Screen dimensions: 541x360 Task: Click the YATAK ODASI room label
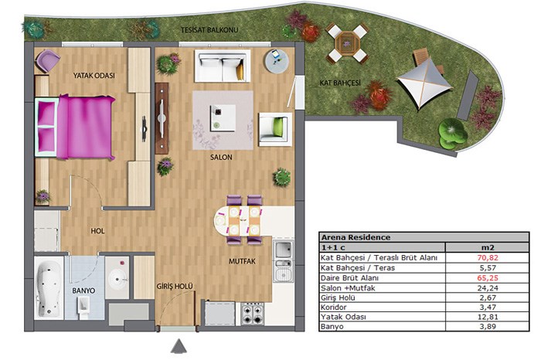[x=94, y=76]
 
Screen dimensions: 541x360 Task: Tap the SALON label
[x=221, y=158]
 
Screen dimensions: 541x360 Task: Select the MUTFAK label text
[x=242, y=261]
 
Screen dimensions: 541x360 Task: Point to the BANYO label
[x=83, y=290]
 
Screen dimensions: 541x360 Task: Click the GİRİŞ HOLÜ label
[x=175, y=286]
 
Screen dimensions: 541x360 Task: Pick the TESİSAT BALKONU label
[x=209, y=30]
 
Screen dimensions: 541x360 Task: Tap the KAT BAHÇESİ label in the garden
[x=340, y=83]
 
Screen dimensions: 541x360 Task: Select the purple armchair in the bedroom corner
[x=47, y=61]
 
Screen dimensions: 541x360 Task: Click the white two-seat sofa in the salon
[x=223, y=66]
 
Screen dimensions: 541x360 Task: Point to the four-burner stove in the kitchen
[x=253, y=314]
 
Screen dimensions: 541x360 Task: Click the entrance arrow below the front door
[x=179, y=346]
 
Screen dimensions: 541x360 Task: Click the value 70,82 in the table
[x=488, y=257]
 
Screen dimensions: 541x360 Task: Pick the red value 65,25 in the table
[x=488, y=278]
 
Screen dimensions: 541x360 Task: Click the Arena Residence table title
[x=356, y=237]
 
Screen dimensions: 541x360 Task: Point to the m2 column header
[x=488, y=247]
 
